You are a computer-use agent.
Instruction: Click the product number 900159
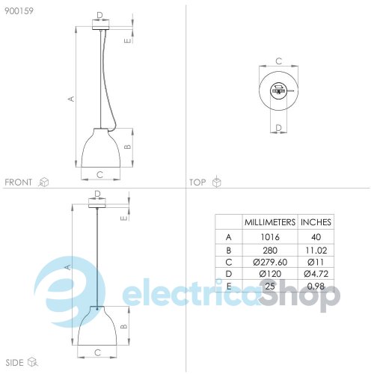coord(19,11)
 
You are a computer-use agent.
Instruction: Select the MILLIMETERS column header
coord(270,222)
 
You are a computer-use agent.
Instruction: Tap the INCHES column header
coord(316,222)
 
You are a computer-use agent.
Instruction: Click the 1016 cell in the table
coord(270,237)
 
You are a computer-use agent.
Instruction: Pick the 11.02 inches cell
coord(316,250)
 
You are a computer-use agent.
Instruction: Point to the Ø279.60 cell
coord(270,262)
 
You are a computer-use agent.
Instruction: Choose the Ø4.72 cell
coord(316,274)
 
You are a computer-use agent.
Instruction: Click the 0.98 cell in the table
coord(316,286)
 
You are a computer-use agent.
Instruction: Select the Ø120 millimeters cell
coord(270,274)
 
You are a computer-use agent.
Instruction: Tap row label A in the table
coord(229,237)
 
